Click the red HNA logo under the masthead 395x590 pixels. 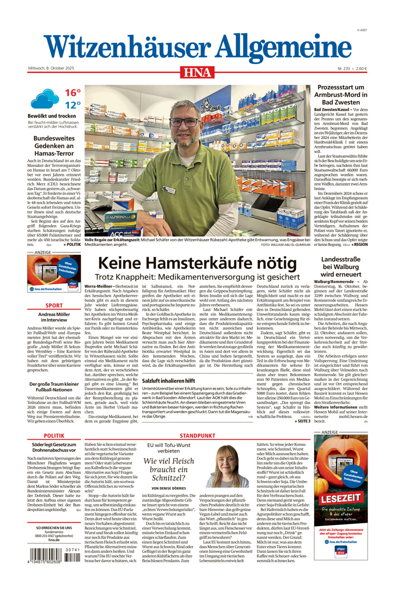tap(197, 72)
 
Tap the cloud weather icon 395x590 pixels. tap(45, 98)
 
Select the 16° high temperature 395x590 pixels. tap(73, 93)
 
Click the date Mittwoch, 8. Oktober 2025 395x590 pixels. tap(51, 69)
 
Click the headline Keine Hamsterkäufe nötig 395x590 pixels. tap(197, 264)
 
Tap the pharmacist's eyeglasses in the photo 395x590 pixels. tap(184, 122)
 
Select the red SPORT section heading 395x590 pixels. tap(54, 305)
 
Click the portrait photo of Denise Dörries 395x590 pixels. tap(227, 467)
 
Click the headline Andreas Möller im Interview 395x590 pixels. tap(54, 317)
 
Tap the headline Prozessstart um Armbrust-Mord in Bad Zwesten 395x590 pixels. tap(341, 94)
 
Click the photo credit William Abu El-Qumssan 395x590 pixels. tap(286, 245)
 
